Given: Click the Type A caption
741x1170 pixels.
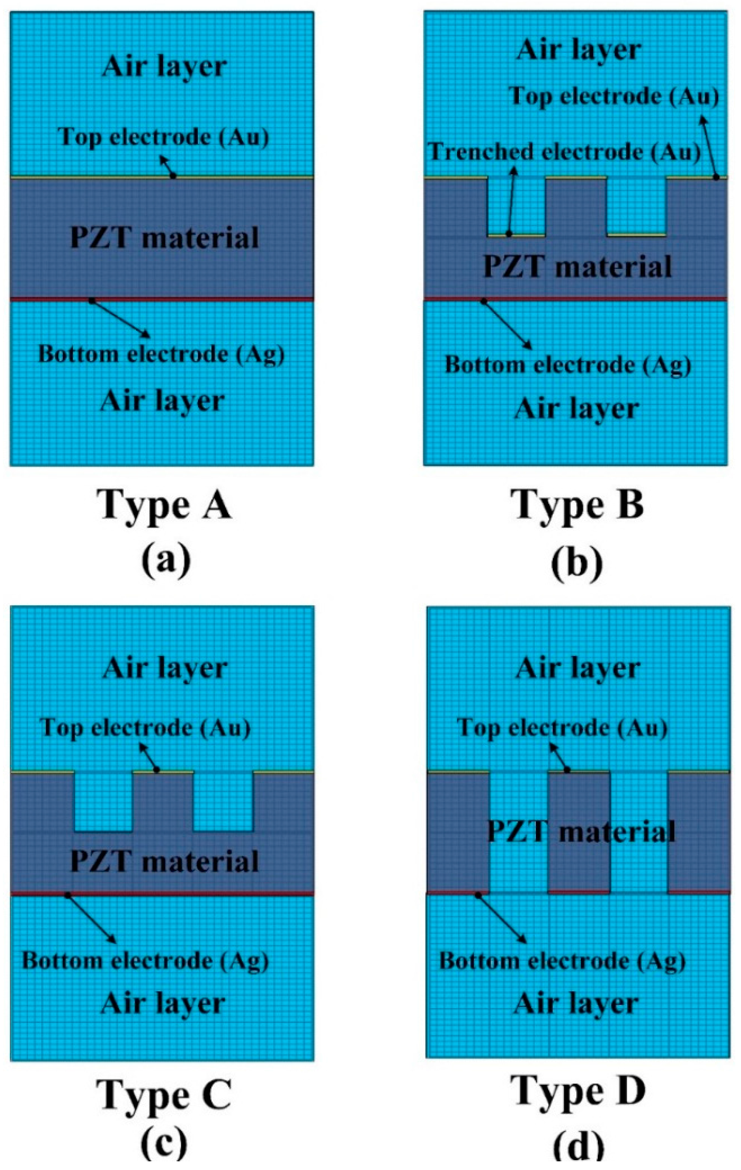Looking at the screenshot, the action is (165, 505).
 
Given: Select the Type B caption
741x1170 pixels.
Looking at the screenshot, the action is (578, 505).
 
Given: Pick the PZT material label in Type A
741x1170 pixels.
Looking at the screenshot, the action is (164, 237).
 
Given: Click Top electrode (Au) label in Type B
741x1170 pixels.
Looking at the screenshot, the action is (614, 96).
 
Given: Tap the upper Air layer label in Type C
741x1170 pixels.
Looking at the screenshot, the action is (165, 668).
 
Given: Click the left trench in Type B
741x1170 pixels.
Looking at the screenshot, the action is (516, 206).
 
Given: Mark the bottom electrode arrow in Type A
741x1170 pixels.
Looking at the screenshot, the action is (120, 319).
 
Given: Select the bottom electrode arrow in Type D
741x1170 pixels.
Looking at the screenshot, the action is (502, 918).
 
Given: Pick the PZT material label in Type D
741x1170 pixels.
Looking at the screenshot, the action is (581, 831).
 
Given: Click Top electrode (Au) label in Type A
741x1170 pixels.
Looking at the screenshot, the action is (163, 137).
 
